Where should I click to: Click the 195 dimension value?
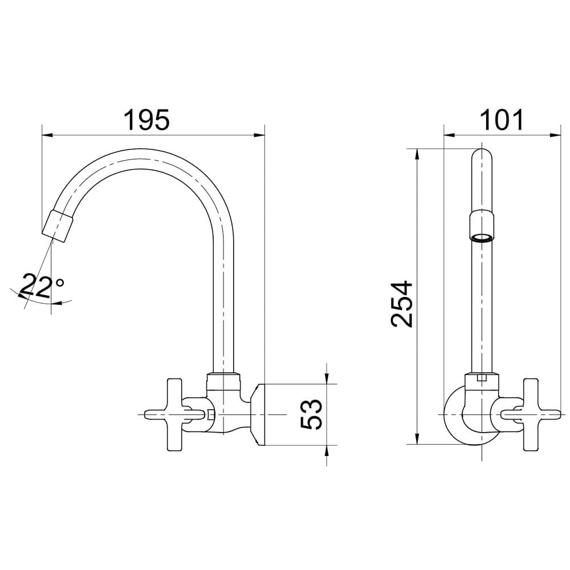point(146,120)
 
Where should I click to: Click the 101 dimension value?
point(502,120)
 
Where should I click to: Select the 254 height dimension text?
point(402,304)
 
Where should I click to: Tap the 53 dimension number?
point(311,415)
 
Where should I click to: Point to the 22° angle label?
point(40,286)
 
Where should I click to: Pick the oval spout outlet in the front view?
point(482,238)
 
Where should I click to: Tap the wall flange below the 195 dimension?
point(258,415)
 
